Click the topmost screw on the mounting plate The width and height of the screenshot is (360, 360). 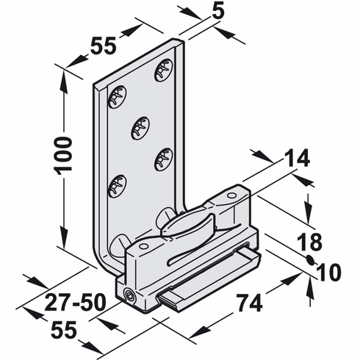pyautogui.click(x=163, y=71)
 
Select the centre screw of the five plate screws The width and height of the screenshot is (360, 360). pyautogui.click(x=140, y=129)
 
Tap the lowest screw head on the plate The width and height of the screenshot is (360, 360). pyautogui.click(x=116, y=185)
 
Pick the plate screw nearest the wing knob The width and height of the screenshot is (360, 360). pyautogui.click(x=163, y=157)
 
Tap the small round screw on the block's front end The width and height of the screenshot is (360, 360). pyautogui.click(x=131, y=296)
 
